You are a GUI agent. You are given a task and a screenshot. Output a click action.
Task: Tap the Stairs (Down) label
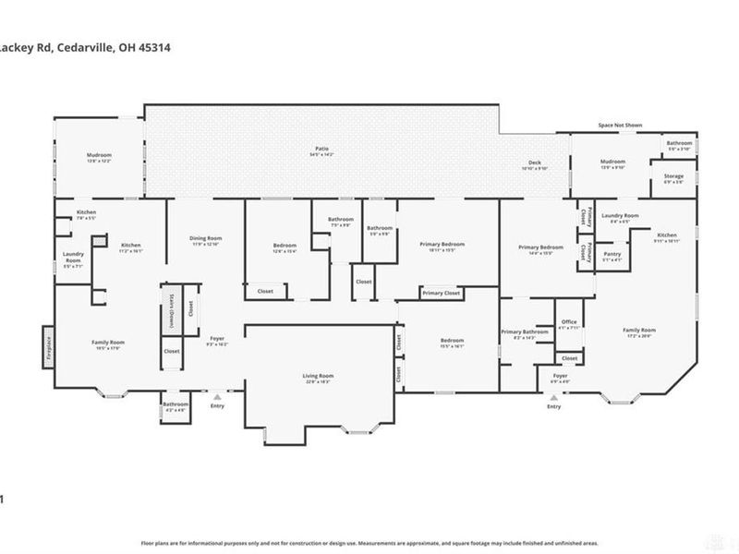pos(171,308)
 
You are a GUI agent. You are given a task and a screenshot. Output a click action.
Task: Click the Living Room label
pos(319,376)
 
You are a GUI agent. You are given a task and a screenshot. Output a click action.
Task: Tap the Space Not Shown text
pos(620,125)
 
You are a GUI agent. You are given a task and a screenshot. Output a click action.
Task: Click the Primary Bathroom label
pos(525,332)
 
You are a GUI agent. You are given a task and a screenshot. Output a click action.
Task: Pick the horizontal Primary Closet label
pos(441,293)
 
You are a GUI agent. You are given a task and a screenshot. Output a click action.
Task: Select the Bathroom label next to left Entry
pos(176,404)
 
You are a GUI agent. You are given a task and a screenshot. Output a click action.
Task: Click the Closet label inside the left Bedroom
pos(264,291)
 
